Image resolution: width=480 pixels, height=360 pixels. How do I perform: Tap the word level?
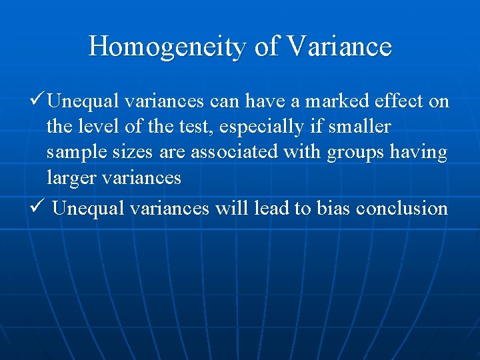88,127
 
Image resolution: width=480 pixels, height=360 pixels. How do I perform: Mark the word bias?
332,208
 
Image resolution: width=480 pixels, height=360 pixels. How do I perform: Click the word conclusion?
402,208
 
